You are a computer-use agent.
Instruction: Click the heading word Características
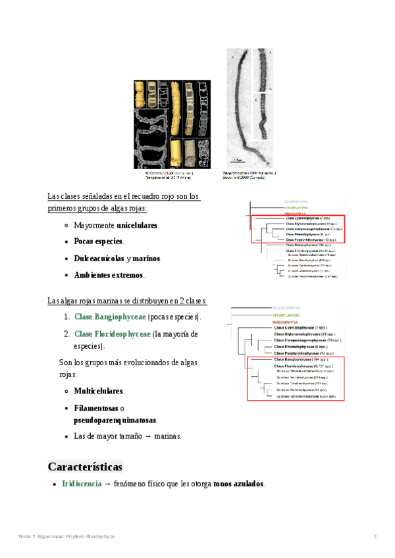click(85, 467)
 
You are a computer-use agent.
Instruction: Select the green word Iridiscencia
click(81, 484)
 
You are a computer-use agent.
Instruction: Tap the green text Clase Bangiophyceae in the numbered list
click(110, 317)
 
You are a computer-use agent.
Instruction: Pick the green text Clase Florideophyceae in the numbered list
click(112, 334)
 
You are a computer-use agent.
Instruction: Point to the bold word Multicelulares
click(99, 391)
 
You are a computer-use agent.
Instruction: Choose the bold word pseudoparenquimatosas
click(115, 419)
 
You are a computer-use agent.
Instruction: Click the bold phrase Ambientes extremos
click(109, 274)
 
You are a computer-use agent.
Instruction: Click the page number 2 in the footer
click(375, 537)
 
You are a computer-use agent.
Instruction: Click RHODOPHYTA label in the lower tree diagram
click(288, 321)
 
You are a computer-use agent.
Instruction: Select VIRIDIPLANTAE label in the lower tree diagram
click(289, 315)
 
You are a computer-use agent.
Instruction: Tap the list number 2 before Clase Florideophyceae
click(66, 334)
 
